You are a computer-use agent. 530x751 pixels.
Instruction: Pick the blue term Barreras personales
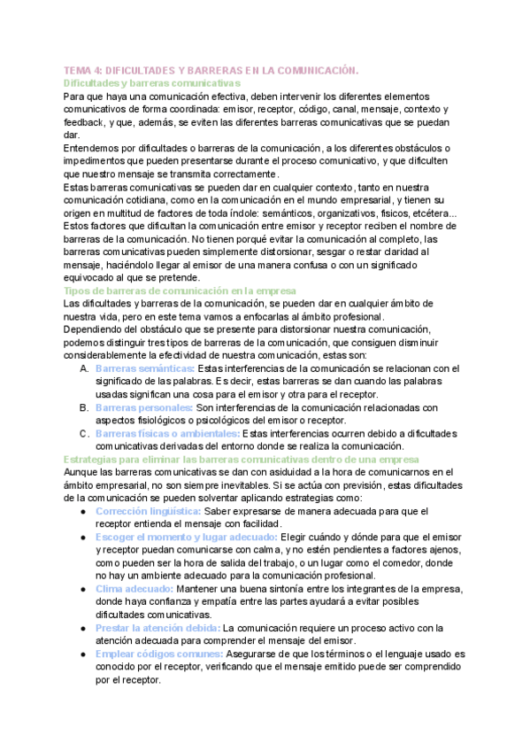pos(144,407)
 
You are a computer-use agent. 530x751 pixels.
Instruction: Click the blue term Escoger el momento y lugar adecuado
pos(187,538)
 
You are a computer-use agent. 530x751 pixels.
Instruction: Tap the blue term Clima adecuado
pos(135,589)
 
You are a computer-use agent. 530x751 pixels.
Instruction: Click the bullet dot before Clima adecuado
pos(83,589)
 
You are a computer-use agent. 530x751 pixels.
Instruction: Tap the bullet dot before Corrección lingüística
pos(83,512)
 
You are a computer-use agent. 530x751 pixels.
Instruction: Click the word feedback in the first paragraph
pos(87,122)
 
